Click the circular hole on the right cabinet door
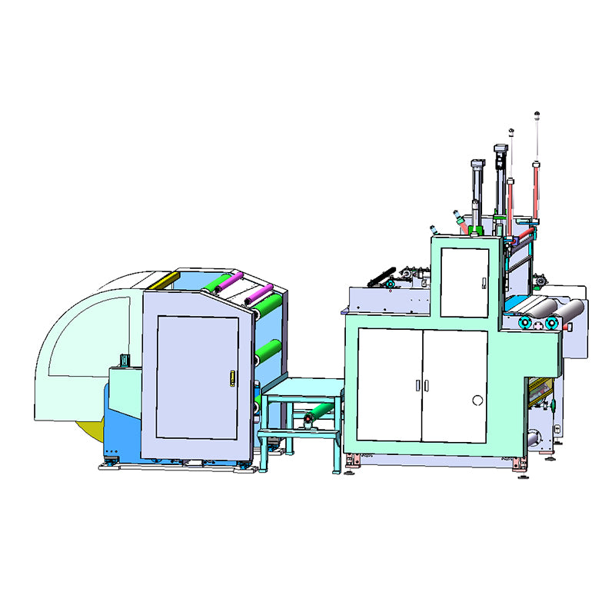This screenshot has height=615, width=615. point(477,400)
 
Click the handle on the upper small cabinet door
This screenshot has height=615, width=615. point(482,283)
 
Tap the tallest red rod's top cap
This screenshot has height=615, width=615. point(537,116)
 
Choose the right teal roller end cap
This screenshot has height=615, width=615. point(550,323)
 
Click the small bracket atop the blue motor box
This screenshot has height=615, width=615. point(123,360)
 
